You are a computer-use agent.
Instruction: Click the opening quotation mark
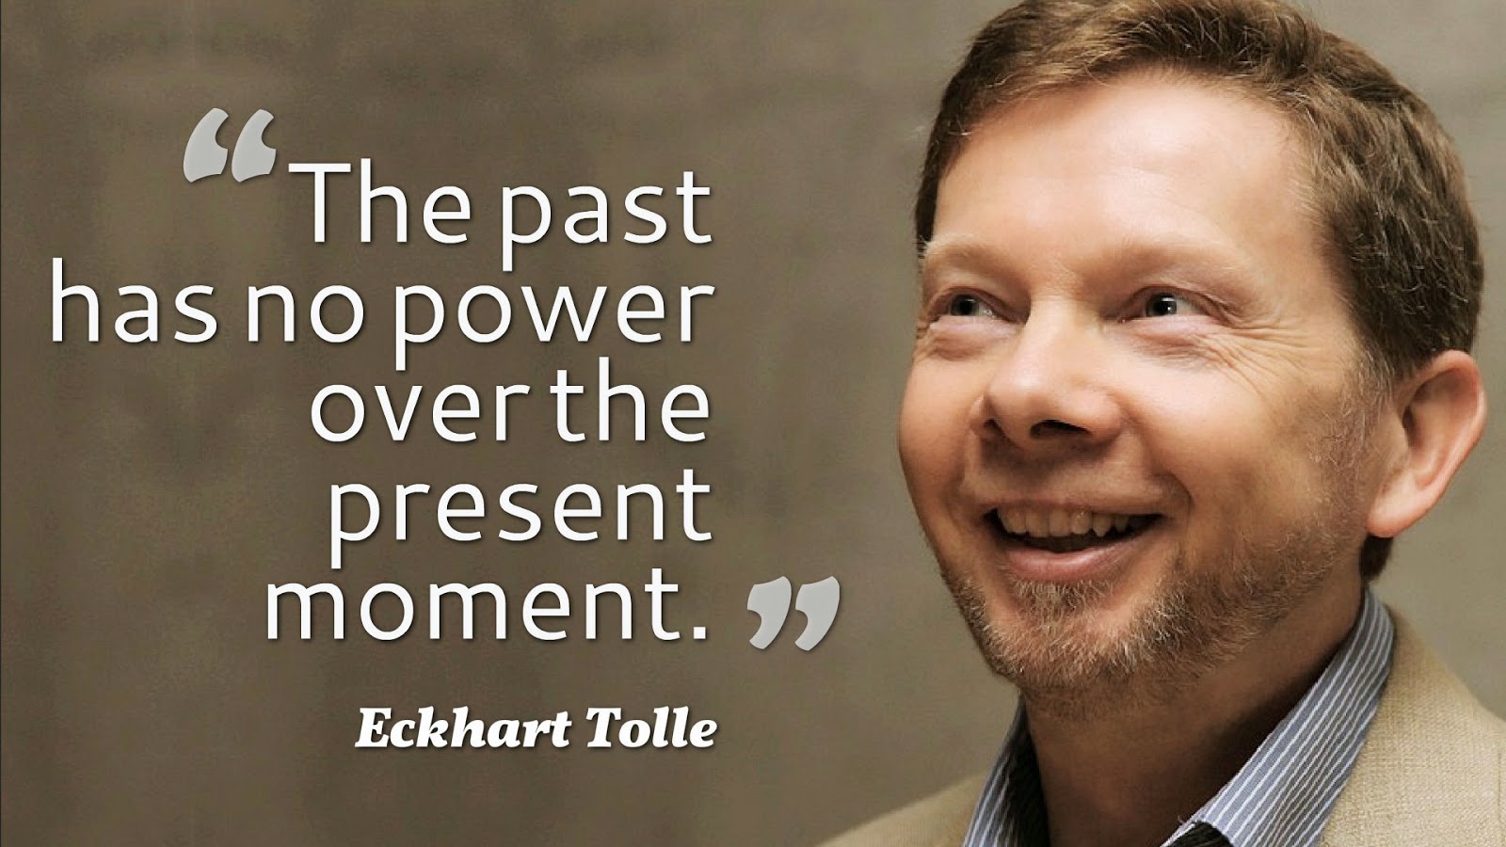click(230, 145)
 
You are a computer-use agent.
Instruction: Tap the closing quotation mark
click(793, 613)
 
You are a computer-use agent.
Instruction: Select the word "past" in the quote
click(603, 216)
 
